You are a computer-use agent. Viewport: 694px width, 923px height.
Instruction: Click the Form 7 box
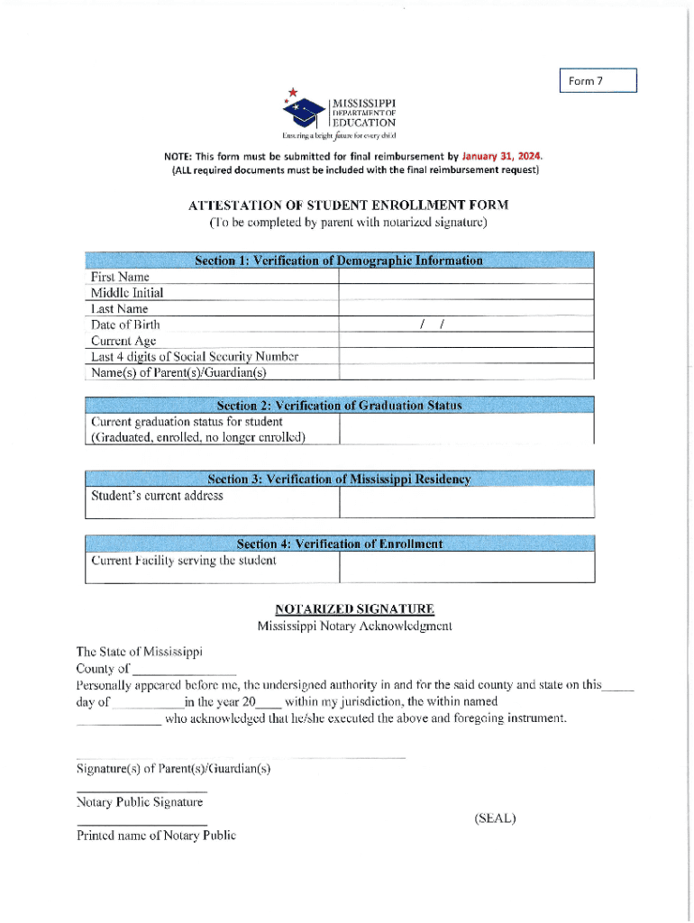tap(598, 81)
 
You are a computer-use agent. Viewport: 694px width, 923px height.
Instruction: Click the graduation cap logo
tap(305, 110)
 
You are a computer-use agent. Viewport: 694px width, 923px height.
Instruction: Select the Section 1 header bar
tap(339, 260)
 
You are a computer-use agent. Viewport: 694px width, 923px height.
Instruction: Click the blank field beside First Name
tap(466, 277)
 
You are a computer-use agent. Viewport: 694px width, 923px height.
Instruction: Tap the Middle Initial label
tap(127, 293)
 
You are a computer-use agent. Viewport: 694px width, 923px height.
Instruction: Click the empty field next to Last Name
tap(466, 308)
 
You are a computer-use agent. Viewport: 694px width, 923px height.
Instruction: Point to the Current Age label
tap(123, 341)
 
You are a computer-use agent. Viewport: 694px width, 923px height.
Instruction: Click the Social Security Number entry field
tap(466, 356)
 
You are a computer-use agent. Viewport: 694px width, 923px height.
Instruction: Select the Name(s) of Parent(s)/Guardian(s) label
tap(179, 372)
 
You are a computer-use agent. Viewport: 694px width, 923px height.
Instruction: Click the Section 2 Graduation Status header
tap(339, 405)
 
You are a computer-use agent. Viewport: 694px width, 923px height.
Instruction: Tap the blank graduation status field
tap(466, 429)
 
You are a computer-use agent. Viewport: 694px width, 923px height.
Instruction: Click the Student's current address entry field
tap(466, 503)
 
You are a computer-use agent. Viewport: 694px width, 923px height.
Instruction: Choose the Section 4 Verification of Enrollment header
tap(339, 544)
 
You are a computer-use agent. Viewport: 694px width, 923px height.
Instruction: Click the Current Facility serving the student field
tap(466, 567)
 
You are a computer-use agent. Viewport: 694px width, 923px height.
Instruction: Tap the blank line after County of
tap(184, 670)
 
